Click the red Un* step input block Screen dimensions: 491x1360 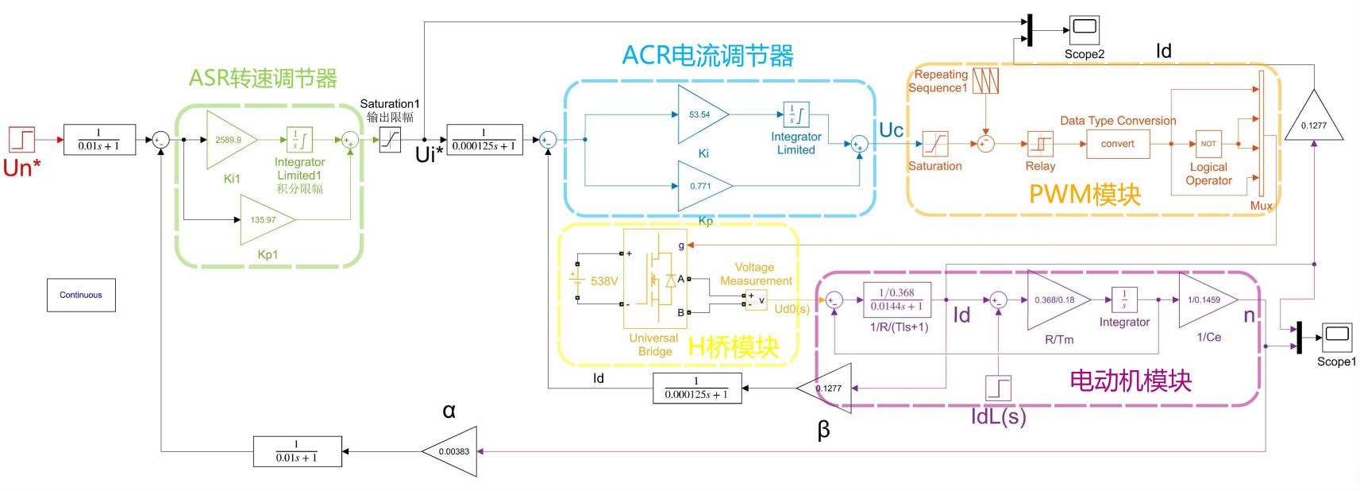(22, 140)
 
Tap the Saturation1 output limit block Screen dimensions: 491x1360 (390, 141)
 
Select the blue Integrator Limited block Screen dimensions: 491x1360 (796, 115)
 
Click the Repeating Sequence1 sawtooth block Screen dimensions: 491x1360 (985, 81)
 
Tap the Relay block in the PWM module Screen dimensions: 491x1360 (1039, 144)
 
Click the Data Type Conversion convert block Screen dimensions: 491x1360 (1117, 144)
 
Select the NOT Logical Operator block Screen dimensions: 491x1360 (1208, 144)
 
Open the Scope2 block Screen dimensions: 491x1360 (1084, 31)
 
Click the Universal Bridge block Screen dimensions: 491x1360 (655, 278)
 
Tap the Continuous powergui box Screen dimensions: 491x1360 (81, 295)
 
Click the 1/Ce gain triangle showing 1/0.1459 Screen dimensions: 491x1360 (1205, 300)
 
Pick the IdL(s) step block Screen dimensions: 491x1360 (998, 388)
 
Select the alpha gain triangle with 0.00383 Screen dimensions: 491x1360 (452, 451)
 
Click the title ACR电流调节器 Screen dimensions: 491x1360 (707, 56)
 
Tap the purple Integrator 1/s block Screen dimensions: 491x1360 (1124, 300)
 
